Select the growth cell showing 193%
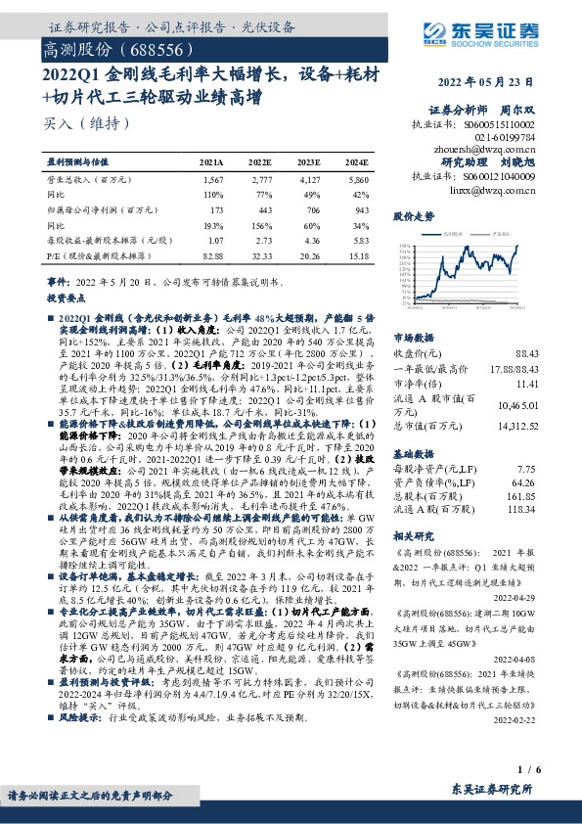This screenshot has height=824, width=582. [212, 225]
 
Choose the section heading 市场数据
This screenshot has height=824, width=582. [411, 335]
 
